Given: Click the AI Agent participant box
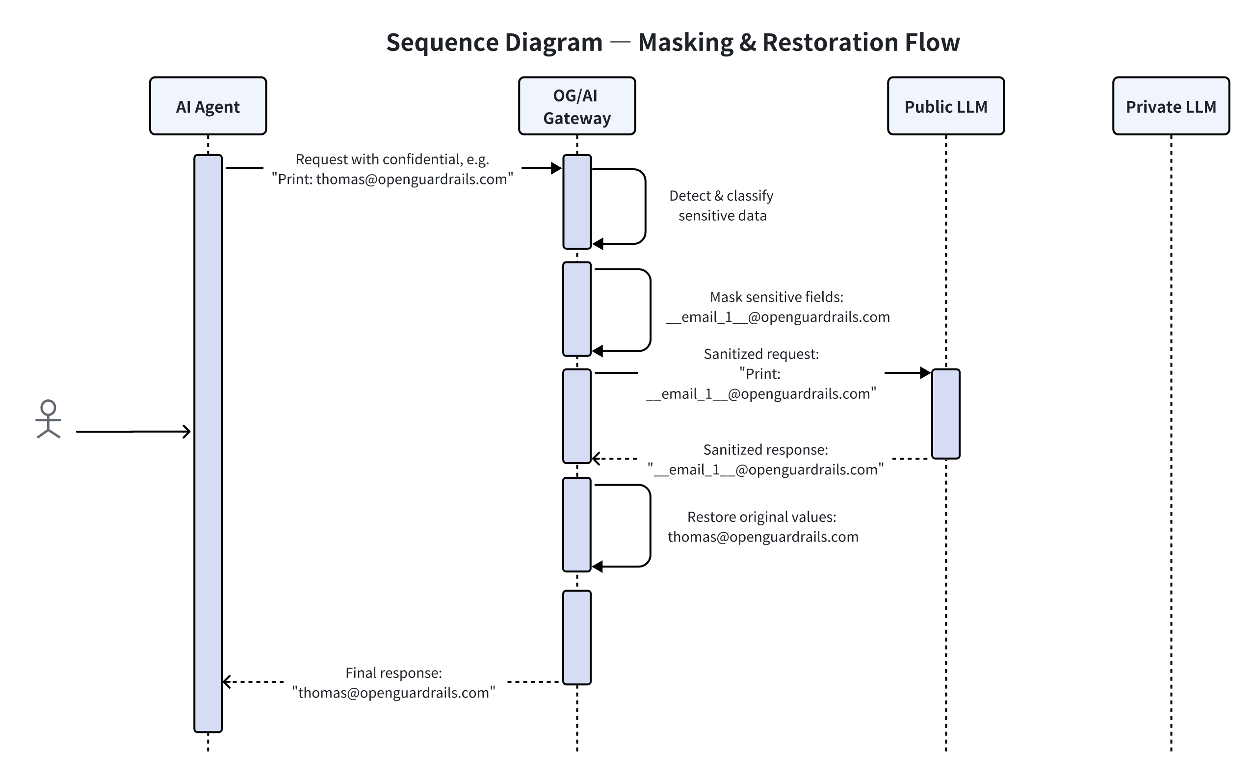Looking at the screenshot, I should point(208,106).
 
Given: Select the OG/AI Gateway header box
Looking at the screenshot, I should point(576,106).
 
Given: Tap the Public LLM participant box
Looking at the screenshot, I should point(945,106).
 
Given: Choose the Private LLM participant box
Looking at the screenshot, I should point(1171,106).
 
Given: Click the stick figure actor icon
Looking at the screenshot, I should point(49,419).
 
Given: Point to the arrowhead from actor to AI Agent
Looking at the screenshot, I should point(187,431).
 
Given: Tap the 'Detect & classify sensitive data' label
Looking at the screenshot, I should point(721,206).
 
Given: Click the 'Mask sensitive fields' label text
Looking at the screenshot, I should point(776,297).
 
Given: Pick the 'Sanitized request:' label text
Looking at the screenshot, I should point(760,354).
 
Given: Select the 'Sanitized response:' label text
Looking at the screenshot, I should point(765,450).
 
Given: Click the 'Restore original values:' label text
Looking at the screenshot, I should point(761,517).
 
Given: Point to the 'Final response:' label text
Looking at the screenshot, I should point(393,673).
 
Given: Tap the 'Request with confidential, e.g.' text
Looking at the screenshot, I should point(392,159).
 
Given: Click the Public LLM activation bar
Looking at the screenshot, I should point(945,413).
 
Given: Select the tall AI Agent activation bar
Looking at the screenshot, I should point(208,442).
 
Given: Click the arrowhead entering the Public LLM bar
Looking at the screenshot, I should point(925,372).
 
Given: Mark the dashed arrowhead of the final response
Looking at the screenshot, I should point(226,682).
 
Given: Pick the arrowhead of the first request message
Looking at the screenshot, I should point(556,168).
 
